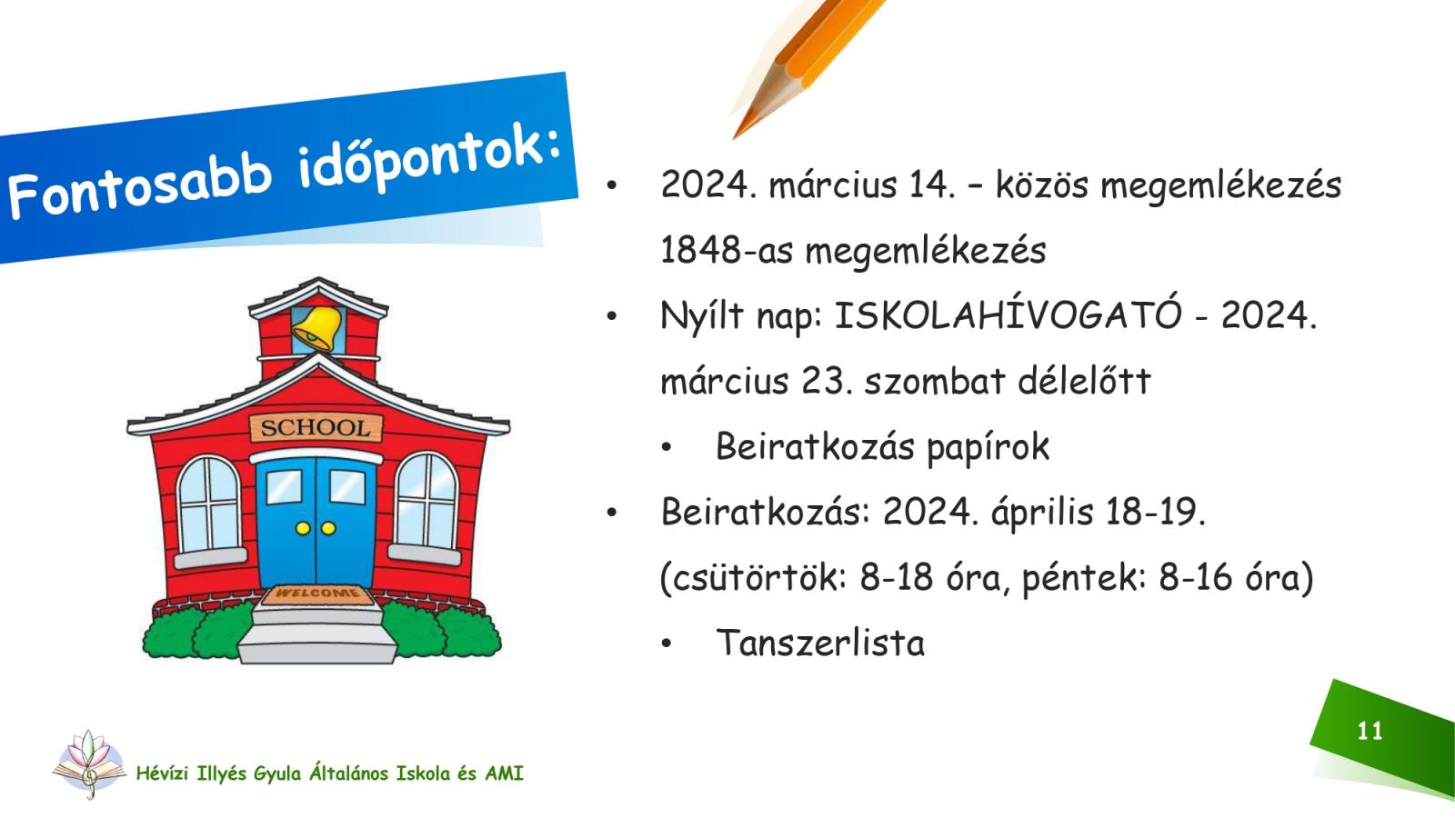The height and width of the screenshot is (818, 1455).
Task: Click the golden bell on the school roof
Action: pos(317,329)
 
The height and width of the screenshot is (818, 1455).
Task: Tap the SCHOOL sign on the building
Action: pos(316,428)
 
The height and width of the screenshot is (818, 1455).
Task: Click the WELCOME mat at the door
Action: pos(317,594)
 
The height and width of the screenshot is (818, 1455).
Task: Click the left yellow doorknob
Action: pos(303,528)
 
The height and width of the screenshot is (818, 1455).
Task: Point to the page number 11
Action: pos(1370,732)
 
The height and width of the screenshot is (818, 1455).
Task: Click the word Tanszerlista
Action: pos(819,643)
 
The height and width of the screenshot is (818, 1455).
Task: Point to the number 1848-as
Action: pos(727,251)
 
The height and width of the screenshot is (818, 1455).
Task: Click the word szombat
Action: pos(935,381)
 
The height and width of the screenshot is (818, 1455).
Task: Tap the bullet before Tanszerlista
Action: pos(666,644)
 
